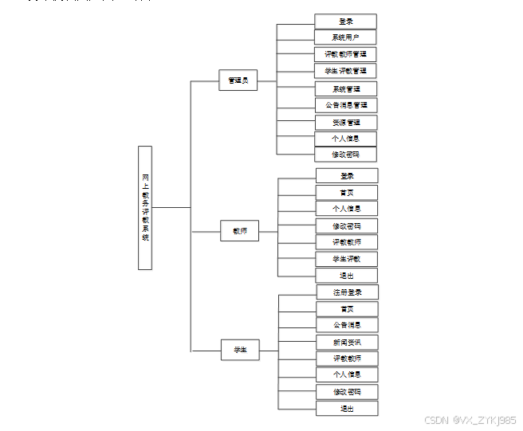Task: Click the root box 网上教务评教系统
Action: (145, 207)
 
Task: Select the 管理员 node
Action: (238, 80)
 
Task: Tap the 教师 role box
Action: (240, 231)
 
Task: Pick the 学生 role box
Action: (240, 350)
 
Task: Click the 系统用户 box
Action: (345, 37)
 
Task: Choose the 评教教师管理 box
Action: (345, 54)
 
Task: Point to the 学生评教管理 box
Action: (345, 71)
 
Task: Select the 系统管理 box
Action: (345, 88)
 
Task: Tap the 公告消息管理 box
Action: (345, 105)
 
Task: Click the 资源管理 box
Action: (345, 122)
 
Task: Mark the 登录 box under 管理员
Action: (345, 22)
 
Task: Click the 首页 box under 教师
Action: (347, 192)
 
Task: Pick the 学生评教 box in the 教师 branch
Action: (347, 259)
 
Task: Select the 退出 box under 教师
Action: (347, 276)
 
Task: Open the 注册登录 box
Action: (347, 292)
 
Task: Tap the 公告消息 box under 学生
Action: (347, 325)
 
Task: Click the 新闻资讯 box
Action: (347, 342)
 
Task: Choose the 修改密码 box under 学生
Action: (347, 392)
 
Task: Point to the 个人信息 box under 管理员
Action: (345, 139)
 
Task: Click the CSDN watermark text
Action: (470, 420)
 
